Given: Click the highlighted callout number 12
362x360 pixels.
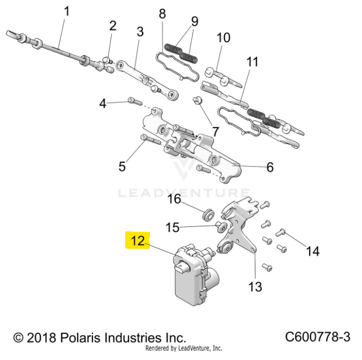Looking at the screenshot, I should tap(137, 241).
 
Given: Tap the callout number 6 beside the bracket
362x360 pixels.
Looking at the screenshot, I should tap(270, 167).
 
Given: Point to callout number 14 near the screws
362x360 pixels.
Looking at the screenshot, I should tap(312, 251).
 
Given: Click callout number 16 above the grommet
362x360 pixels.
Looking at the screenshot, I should tap(174, 199).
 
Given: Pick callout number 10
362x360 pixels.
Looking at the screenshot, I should tap(223, 38).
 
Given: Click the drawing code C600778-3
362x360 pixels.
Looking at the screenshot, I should tap(318, 336).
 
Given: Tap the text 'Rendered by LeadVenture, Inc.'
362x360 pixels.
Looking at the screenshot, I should tap(183, 348).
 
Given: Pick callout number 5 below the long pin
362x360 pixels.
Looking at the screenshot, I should tap(122, 167).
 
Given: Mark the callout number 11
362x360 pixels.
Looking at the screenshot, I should tap(252, 62).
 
